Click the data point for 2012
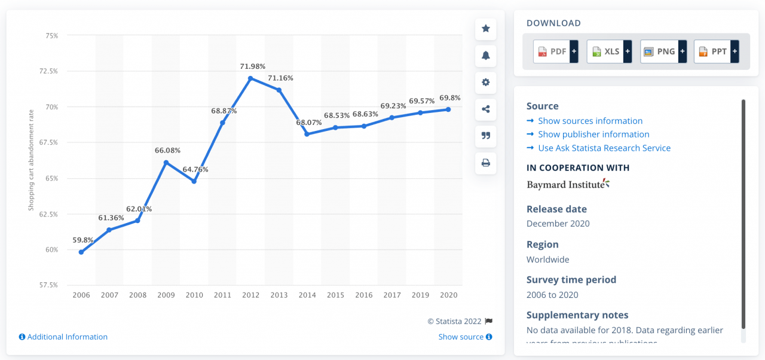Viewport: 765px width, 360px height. (x=250, y=78)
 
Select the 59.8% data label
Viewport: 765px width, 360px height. (x=82, y=240)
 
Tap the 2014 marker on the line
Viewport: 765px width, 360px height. (x=307, y=134)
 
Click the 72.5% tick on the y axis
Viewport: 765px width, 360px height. (x=48, y=71)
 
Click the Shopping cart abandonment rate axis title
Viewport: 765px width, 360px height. (x=31, y=160)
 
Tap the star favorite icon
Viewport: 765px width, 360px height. (x=486, y=29)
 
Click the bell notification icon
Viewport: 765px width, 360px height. (x=486, y=56)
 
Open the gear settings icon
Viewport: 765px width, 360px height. (x=486, y=83)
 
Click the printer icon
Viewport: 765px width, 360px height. (x=486, y=163)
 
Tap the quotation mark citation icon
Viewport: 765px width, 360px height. (x=486, y=136)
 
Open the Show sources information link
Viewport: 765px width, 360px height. (x=590, y=121)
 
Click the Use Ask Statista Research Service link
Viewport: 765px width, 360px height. (x=604, y=148)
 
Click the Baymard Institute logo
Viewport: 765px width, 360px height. (x=568, y=184)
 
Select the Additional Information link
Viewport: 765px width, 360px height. (x=67, y=337)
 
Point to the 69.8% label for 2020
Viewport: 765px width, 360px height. (x=450, y=97)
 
